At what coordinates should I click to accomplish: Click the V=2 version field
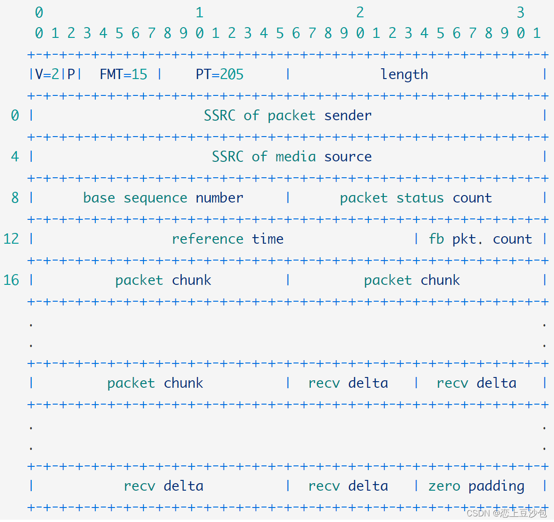click(47, 74)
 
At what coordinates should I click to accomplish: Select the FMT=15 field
click(123, 74)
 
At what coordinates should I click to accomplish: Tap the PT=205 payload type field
click(219, 74)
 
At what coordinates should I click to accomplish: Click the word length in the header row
click(404, 74)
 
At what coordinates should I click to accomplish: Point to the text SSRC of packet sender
click(288, 116)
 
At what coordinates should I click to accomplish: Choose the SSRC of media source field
click(291, 157)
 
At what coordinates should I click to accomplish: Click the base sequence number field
click(163, 198)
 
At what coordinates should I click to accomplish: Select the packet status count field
click(416, 198)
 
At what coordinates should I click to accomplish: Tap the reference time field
click(227, 239)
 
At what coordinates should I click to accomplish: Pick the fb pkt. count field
click(480, 239)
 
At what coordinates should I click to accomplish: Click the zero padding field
click(476, 486)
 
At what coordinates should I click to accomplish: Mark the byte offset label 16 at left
click(11, 280)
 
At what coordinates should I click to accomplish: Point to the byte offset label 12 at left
click(11, 239)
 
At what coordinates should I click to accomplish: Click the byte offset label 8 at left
click(15, 198)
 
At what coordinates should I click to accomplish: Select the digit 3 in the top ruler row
click(520, 13)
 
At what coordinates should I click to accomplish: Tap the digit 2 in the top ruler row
click(360, 13)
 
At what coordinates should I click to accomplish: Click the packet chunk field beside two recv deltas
click(155, 383)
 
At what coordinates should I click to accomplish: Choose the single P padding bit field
click(71, 74)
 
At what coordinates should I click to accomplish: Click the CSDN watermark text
click(506, 513)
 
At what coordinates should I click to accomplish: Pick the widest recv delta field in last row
click(163, 486)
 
